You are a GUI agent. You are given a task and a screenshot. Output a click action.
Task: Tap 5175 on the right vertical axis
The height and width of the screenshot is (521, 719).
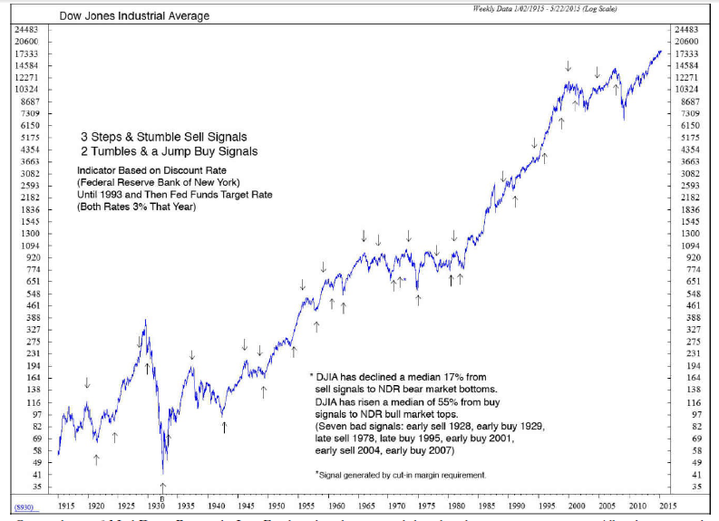pos(688,137)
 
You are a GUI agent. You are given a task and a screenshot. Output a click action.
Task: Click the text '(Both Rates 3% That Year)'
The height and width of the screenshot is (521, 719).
pos(136,207)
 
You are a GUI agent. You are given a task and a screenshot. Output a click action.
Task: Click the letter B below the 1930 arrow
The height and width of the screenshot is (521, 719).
pos(162,497)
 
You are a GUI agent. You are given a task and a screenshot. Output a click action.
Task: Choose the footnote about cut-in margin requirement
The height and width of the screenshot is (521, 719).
pos(400,475)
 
